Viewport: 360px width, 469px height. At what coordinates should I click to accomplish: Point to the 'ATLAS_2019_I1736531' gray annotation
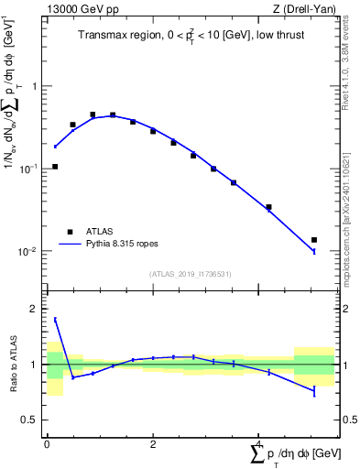(x=191, y=274)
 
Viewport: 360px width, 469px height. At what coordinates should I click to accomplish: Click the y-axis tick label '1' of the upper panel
(x=36, y=86)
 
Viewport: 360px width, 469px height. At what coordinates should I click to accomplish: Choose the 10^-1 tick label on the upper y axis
(x=30, y=169)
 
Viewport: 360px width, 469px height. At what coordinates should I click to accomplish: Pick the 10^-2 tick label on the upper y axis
(x=30, y=251)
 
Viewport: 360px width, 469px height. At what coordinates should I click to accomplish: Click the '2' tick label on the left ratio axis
(x=36, y=309)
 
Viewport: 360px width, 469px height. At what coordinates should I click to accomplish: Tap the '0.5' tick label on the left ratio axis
(x=31, y=420)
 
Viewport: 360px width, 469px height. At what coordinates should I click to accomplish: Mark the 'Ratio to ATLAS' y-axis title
(x=12, y=365)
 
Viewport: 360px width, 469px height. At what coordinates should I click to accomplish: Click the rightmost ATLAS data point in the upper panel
(x=314, y=240)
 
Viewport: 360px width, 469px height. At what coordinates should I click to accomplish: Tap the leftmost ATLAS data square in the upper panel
(x=55, y=167)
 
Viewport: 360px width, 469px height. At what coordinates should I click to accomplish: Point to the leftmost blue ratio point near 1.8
(x=55, y=320)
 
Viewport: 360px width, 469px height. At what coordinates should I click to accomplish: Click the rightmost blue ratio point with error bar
(x=314, y=391)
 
